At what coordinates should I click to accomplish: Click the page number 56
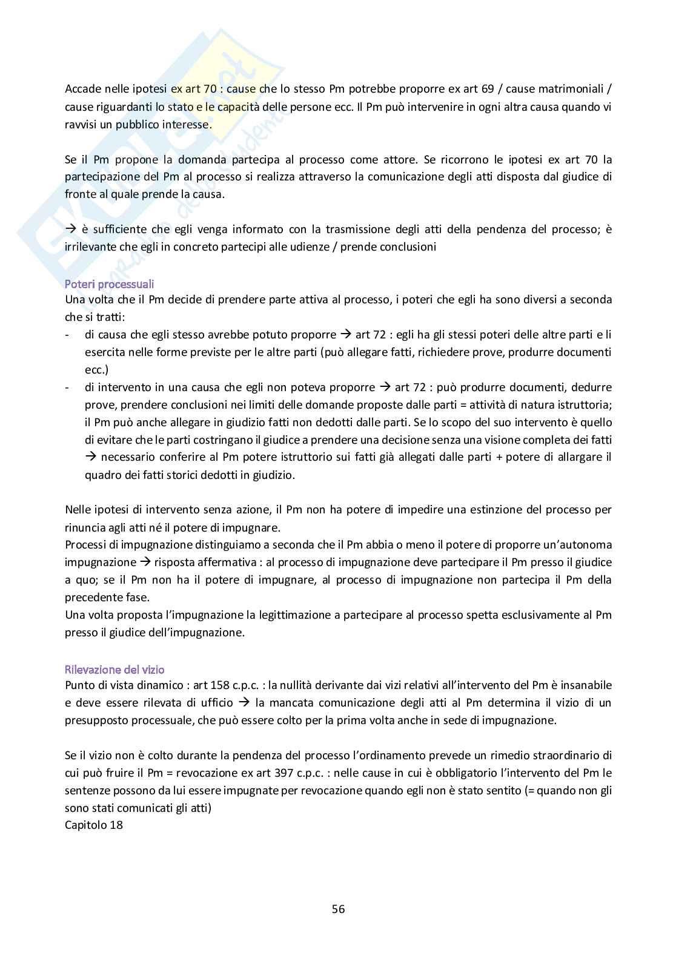point(338,908)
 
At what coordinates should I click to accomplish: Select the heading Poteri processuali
point(109,283)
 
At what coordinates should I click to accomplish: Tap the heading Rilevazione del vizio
point(114,670)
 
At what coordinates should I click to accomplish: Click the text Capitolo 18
point(94,825)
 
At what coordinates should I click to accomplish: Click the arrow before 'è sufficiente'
point(70,229)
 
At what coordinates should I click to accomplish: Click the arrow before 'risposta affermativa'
point(145,562)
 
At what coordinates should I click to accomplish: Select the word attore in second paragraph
point(400,160)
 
